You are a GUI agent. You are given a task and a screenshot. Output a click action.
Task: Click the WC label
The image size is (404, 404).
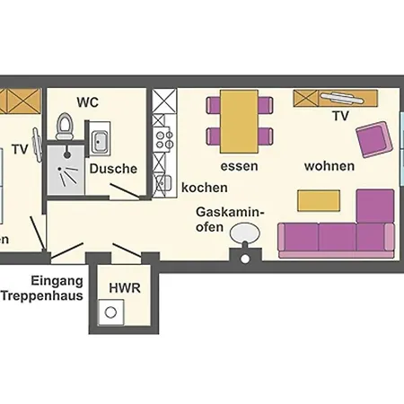pyautogui.click(x=87, y=101)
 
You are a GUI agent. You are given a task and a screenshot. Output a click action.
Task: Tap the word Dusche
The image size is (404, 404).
pyautogui.click(x=113, y=168)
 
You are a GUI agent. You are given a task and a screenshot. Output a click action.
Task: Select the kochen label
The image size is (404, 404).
pyautogui.click(x=204, y=189)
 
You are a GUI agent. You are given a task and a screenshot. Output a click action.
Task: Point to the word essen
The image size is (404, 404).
pyautogui.click(x=239, y=166)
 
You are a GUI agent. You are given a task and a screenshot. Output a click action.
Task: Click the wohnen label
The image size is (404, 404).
pyautogui.click(x=329, y=166)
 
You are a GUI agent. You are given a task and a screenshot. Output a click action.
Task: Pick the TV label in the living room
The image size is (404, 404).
pyautogui.click(x=340, y=117)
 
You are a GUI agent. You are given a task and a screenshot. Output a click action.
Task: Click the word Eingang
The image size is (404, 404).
pyautogui.click(x=57, y=279)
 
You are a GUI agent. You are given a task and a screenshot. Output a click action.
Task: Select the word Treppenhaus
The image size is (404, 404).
pyautogui.click(x=42, y=294)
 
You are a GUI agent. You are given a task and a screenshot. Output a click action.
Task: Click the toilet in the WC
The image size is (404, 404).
pyautogui.click(x=65, y=127)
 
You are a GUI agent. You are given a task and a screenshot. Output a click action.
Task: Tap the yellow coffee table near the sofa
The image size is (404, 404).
pyautogui.click(x=319, y=199)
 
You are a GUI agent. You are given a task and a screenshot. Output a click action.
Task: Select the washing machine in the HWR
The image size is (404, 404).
pyautogui.click(x=112, y=313)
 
